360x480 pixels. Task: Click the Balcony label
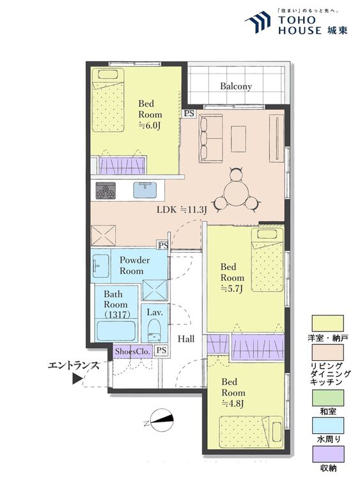tap(236, 86)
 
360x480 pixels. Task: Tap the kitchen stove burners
tap(106, 191)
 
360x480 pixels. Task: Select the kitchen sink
tap(145, 190)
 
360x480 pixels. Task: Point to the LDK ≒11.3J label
tap(182, 210)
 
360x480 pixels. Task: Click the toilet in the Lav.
tap(154, 331)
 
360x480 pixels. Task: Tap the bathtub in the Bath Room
tap(116, 330)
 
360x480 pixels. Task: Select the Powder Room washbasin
tap(101, 265)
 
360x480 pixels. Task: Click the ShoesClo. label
tap(133, 351)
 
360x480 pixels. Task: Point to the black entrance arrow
tap(77, 379)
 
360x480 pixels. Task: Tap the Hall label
tap(186, 339)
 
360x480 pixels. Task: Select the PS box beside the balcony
tap(189, 113)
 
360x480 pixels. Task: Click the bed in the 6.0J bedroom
tap(108, 100)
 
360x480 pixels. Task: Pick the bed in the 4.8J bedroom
tap(251, 432)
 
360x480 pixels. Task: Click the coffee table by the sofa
tap(239, 139)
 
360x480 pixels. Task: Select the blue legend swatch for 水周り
tap(328, 426)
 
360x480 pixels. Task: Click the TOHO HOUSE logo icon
tap(258, 22)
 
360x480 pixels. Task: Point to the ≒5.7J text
tap(231, 289)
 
